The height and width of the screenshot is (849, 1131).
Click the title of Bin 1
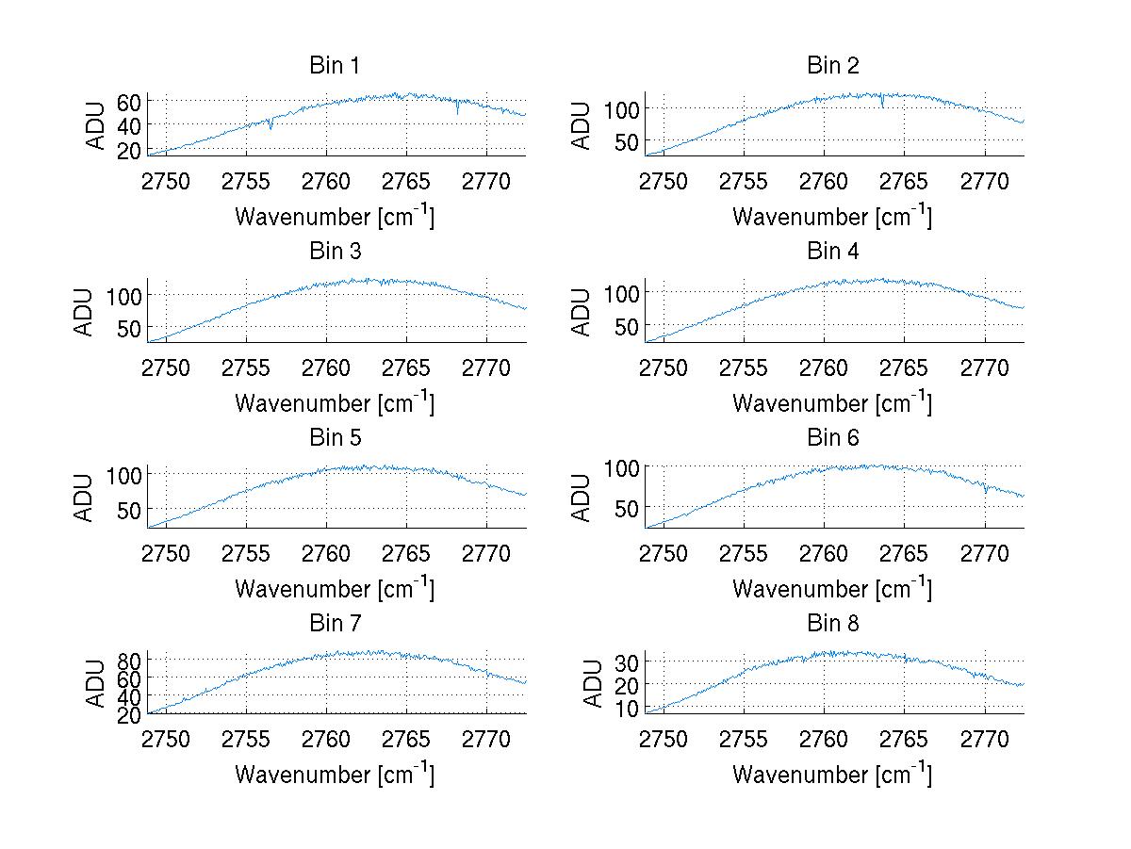click(335, 66)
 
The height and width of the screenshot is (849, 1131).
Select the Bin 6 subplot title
click(833, 438)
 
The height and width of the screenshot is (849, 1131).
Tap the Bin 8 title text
click(833, 624)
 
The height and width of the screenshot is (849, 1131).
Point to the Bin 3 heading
click(335, 252)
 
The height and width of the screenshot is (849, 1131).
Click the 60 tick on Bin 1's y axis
click(129, 101)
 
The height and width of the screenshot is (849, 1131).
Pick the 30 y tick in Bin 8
click(627, 661)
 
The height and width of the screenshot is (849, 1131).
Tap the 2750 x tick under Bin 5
click(166, 553)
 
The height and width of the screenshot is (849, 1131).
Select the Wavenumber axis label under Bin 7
click(335, 775)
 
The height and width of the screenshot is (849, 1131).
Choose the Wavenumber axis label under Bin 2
click(832, 217)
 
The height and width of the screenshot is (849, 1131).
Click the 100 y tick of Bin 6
click(622, 467)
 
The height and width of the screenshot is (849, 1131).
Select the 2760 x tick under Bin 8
click(825, 739)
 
